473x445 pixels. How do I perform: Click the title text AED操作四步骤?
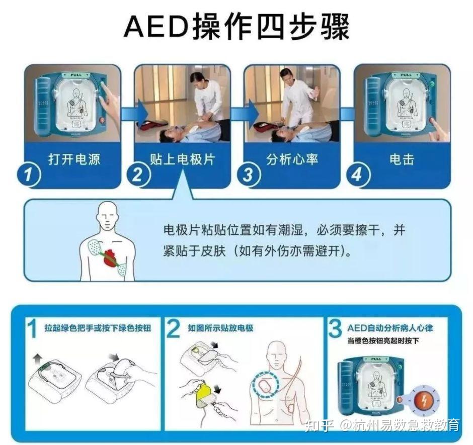[x=236, y=26]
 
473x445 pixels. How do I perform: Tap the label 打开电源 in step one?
[x=74, y=159]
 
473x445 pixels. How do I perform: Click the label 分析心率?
[x=292, y=159]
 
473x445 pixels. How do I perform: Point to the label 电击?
[x=402, y=159]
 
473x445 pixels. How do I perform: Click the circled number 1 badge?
[x=28, y=175]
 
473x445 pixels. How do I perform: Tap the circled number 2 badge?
[x=138, y=175]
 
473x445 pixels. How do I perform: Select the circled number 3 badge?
[x=248, y=175]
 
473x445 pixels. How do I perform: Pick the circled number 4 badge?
[x=357, y=175]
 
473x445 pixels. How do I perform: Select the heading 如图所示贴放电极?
[x=220, y=328]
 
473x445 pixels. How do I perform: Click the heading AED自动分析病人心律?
[x=389, y=328]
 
